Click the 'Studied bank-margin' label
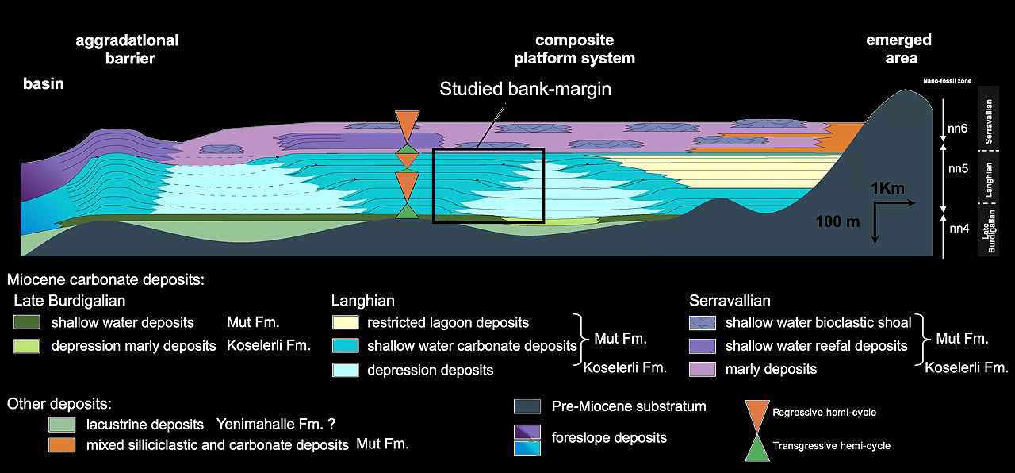(526, 89)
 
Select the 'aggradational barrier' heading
(127, 48)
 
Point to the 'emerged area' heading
(899, 48)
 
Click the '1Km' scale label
(887, 189)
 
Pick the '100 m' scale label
(837, 221)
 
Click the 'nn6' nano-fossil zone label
(959, 126)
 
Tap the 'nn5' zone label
(959, 169)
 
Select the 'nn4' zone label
(959, 229)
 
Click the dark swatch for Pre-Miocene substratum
(527, 407)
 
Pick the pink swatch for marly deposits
(703, 369)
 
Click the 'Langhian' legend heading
(362, 302)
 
